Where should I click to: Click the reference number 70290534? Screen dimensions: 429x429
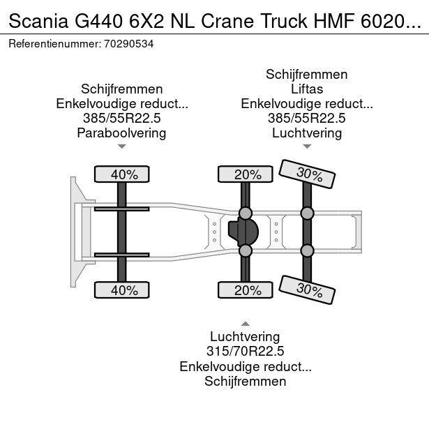point(128,44)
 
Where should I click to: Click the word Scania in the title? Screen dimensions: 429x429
point(38,21)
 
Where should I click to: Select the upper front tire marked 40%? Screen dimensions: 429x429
point(122,174)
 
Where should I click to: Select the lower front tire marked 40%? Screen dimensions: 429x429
point(122,289)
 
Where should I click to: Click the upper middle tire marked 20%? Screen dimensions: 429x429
point(246,174)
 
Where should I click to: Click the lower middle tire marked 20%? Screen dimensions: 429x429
point(246,289)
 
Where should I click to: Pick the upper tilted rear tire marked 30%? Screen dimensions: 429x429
point(307,174)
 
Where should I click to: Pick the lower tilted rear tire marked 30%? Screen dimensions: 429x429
point(307,289)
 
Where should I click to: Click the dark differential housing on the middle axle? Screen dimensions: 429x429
point(243,232)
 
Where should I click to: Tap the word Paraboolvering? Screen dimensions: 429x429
point(122,133)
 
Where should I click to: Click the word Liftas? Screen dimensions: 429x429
point(307,89)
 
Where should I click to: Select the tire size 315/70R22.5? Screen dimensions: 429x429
point(246,352)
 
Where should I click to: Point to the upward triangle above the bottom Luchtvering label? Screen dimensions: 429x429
point(246,324)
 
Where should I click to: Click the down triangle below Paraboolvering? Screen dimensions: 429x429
point(122,146)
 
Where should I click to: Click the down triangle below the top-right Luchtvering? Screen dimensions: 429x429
point(307,146)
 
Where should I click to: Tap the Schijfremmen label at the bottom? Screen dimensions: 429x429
point(246,381)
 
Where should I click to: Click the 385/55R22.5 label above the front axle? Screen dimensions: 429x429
point(122,119)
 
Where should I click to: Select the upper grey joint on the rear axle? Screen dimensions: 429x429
point(307,213)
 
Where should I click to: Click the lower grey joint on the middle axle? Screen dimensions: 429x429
point(246,250)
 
